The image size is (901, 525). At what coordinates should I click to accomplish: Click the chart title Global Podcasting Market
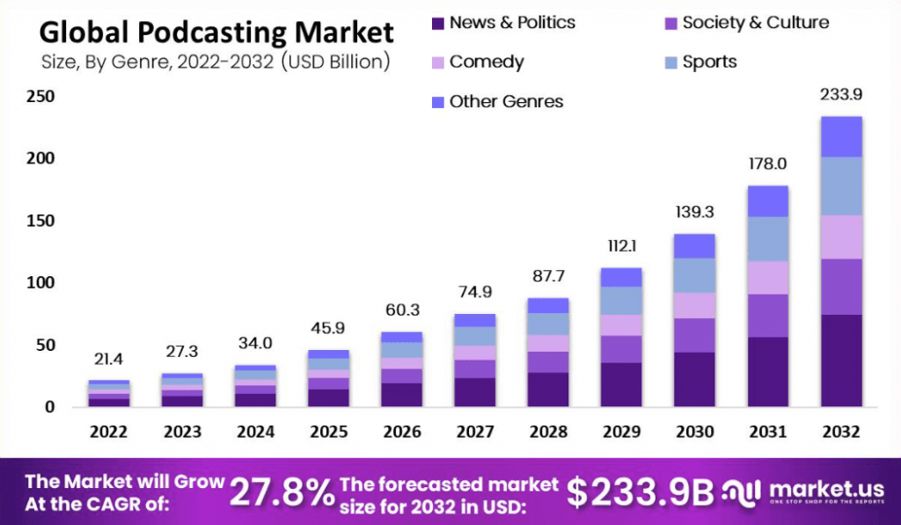[216, 33]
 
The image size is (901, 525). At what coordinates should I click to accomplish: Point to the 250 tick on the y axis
[40, 96]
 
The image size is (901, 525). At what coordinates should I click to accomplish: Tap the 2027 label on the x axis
[476, 432]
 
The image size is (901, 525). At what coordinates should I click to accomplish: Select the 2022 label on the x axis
[109, 432]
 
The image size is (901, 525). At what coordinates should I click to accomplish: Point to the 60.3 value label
[401, 310]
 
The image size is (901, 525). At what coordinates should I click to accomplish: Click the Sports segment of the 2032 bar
[840, 186]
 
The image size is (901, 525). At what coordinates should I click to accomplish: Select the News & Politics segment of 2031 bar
[767, 371]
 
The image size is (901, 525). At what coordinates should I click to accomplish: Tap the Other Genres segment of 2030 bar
[694, 245]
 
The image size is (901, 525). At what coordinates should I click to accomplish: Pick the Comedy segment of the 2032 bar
[840, 237]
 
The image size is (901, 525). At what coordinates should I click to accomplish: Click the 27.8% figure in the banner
[282, 492]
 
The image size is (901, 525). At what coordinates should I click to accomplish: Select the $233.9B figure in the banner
[640, 492]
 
